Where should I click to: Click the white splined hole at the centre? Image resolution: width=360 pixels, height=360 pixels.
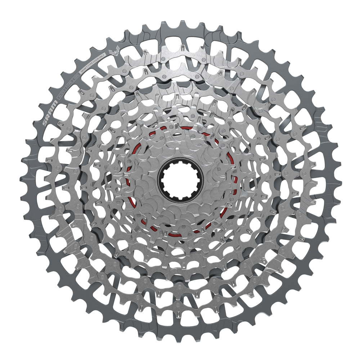coord(180,180)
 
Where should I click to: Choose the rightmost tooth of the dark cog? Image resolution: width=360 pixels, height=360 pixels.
coord(339,180)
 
